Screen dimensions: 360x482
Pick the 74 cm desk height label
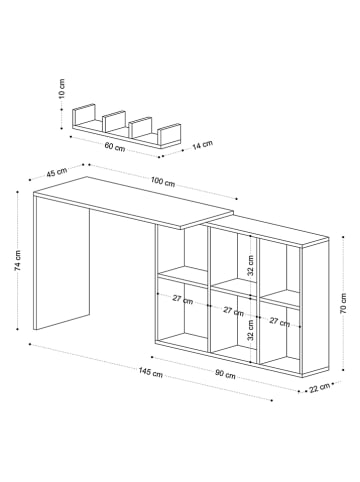click(18, 262)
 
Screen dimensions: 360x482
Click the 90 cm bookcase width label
click(225, 375)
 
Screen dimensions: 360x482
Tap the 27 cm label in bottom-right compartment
click(280, 321)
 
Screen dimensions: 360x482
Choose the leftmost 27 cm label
click(182, 298)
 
